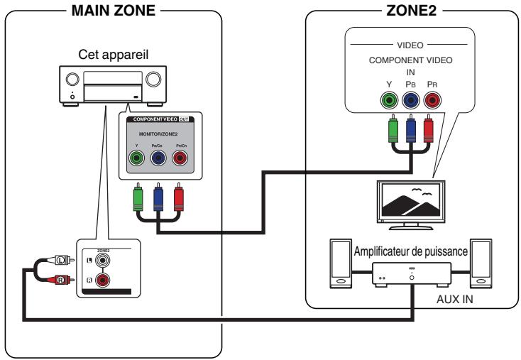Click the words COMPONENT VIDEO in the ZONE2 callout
click(410, 61)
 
